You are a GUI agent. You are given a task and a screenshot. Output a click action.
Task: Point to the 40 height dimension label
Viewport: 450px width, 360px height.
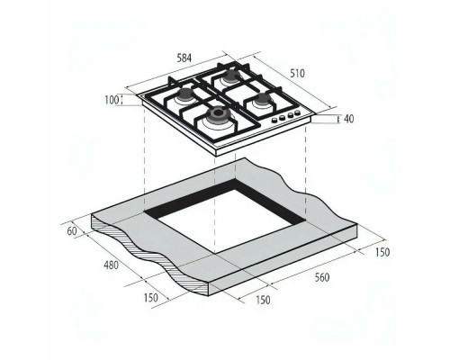[x=348, y=118]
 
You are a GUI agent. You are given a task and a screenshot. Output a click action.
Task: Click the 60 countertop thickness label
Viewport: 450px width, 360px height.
[x=71, y=231]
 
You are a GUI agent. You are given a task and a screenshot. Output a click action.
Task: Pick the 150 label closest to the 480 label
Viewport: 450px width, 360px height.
[x=150, y=297]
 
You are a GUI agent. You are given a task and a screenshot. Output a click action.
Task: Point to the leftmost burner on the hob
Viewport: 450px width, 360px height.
[x=184, y=94]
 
